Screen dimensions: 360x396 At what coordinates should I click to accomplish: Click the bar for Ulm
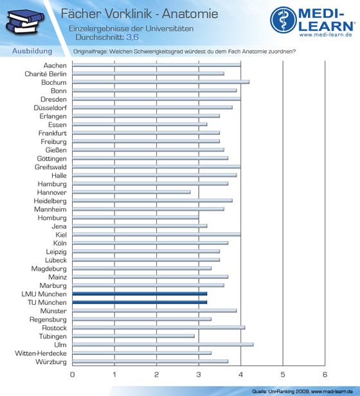(x=163, y=345)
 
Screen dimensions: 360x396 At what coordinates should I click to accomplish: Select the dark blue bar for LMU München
(x=139, y=294)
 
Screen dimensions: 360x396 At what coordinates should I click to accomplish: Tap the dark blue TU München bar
(x=139, y=302)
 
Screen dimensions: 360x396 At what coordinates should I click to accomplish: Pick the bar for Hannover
(x=131, y=192)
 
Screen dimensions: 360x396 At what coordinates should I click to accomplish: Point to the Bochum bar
(x=161, y=82)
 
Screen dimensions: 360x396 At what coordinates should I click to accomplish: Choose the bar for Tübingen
(x=133, y=336)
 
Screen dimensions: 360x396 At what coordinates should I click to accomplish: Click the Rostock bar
(x=159, y=328)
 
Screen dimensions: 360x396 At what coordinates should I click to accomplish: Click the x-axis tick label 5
(x=283, y=375)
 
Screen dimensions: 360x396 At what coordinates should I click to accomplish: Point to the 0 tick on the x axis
(x=72, y=375)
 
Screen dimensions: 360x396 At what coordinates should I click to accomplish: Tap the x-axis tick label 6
(x=325, y=375)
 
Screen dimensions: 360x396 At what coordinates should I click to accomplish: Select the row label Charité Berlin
(x=46, y=74)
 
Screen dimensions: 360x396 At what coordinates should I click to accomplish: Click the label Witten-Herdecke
(x=40, y=353)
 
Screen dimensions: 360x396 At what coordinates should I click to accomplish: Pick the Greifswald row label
(x=51, y=167)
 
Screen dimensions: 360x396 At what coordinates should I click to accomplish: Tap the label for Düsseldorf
(x=50, y=108)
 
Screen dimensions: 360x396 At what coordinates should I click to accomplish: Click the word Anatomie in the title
(x=190, y=14)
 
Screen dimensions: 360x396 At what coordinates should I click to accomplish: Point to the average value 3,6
(x=132, y=37)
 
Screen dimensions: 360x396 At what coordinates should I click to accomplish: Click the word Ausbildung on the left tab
(x=32, y=51)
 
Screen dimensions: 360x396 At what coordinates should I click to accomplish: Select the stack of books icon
(x=25, y=22)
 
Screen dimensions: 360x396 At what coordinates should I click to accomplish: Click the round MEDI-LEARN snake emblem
(x=283, y=20)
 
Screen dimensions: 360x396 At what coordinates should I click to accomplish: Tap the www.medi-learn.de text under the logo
(x=326, y=35)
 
